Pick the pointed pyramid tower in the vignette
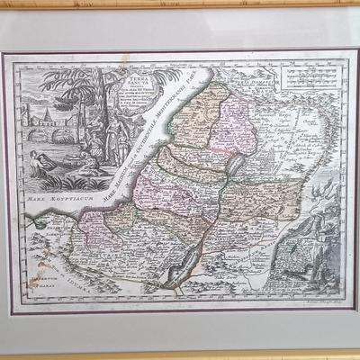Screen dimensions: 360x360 pos(35,116)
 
